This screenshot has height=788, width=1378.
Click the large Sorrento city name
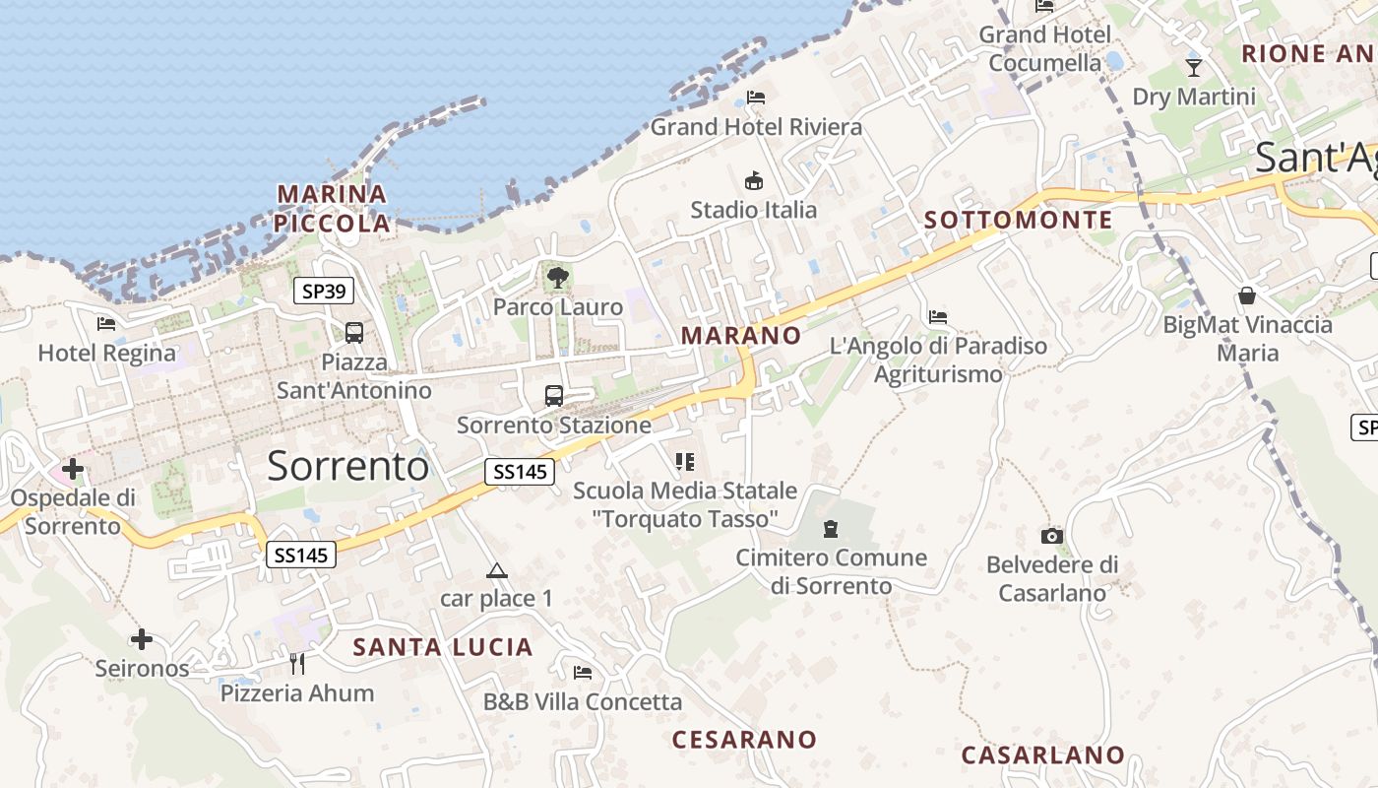pos(348,466)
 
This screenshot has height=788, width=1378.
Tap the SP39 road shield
pos(324,291)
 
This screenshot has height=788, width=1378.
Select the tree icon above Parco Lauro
pos(558,277)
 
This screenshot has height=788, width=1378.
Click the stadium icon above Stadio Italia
pos(754,180)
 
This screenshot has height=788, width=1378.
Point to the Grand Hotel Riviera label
pos(756,127)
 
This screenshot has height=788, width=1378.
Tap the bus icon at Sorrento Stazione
pos(554,396)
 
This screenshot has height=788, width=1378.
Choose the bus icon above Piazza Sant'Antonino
pos(354,333)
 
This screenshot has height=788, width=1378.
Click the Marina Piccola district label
pos(332,209)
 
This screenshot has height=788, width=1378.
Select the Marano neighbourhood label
pos(741,336)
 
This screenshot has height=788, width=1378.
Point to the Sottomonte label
pos(1018,221)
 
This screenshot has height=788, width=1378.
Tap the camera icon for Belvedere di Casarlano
pos(1052,537)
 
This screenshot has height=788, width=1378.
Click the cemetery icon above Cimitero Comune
pos(831,529)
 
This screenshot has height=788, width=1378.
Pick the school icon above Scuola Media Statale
pos(685,461)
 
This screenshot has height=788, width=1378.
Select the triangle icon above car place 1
pos(497,570)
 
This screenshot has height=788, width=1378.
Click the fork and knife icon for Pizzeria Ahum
pos(297,664)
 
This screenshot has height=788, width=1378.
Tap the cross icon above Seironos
pos(142,640)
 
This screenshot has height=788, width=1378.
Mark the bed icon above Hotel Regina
pos(106,323)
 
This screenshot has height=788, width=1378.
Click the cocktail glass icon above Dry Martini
pos(1194,68)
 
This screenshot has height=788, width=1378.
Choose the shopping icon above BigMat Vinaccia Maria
pos(1247,295)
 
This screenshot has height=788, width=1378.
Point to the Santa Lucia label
pos(443,647)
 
